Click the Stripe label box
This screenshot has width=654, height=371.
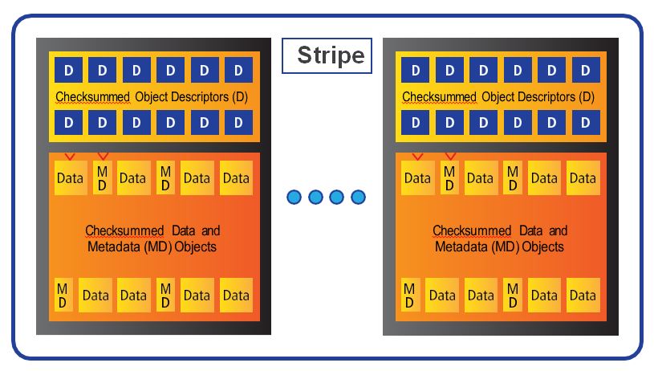327,55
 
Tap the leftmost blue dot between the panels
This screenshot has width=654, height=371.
294,197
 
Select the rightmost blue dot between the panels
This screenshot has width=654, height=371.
358,197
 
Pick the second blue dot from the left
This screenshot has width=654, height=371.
315,197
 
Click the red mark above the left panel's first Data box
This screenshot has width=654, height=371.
70,155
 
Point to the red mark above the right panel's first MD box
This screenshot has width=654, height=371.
450,155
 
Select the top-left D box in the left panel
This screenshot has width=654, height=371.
67,70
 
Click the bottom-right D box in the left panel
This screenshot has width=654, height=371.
238,123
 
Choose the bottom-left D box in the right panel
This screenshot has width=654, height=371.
415,123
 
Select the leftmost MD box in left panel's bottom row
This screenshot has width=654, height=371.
63,294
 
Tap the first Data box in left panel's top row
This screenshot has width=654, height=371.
71,177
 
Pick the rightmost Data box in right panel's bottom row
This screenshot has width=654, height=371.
583,295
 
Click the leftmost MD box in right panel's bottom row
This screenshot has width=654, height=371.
409,294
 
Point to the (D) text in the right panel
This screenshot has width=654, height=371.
585,97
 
